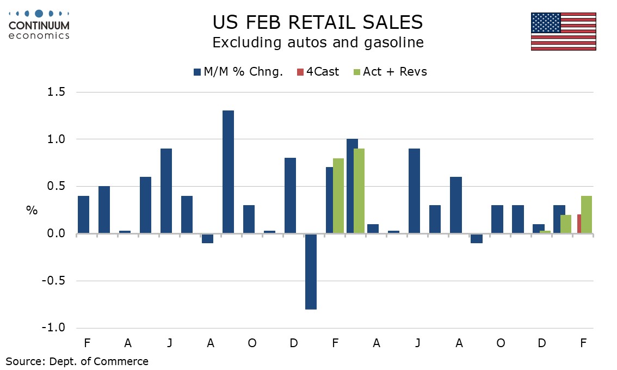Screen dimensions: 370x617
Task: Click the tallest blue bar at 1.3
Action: (228, 172)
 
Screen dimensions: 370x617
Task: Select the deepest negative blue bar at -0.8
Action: (311, 272)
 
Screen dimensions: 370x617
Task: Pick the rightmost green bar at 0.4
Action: (586, 215)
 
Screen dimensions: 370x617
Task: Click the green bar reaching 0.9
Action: (359, 191)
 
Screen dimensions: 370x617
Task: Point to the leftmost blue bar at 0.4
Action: (83, 215)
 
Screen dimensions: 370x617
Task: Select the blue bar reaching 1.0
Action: (351, 187)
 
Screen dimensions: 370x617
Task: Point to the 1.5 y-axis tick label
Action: (54, 92)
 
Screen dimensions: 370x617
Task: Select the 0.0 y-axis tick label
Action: (54, 234)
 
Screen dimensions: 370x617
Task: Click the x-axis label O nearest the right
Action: (501, 343)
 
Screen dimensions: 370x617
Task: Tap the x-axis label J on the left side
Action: (170, 343)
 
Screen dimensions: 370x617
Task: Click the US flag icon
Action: (563, 32)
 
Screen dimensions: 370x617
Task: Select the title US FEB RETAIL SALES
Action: (317, 22)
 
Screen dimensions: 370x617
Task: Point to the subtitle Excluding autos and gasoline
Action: (318, 42)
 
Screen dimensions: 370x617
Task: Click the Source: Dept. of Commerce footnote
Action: (77, 361)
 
